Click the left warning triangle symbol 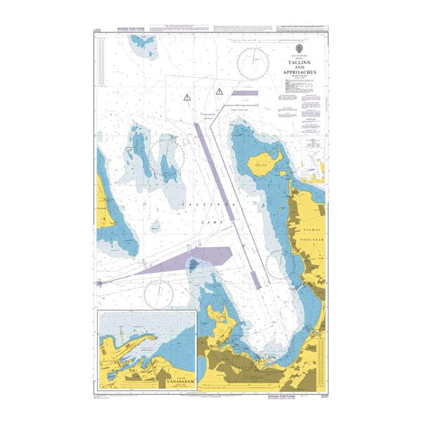186,97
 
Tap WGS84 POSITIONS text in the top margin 127,29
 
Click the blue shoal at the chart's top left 148,45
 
